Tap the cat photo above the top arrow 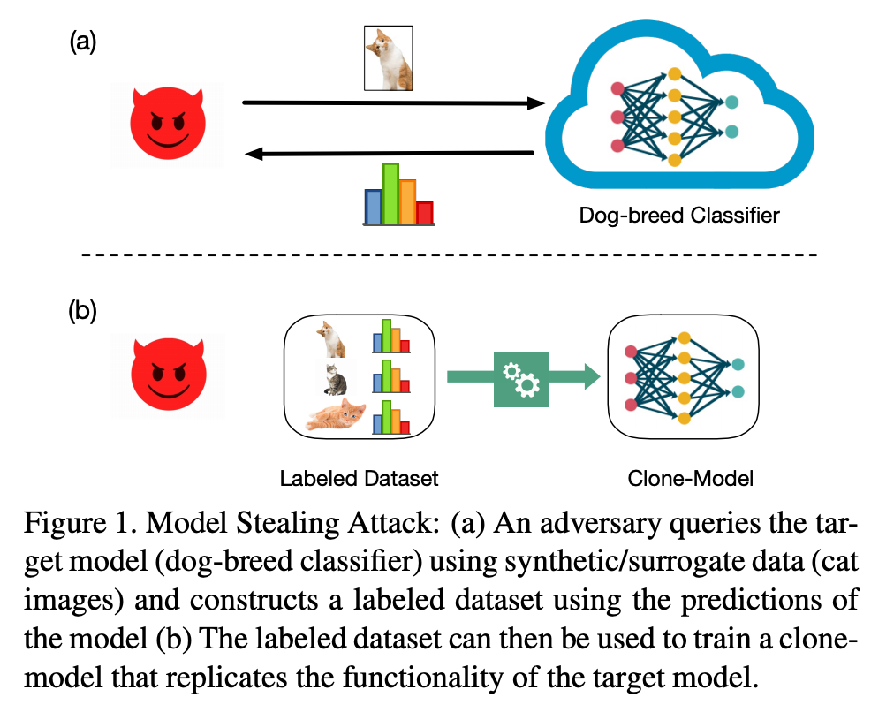389,58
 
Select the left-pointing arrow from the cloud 389,155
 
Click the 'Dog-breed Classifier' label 679,215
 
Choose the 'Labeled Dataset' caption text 359,479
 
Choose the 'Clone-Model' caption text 690,479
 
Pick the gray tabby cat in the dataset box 335,377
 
